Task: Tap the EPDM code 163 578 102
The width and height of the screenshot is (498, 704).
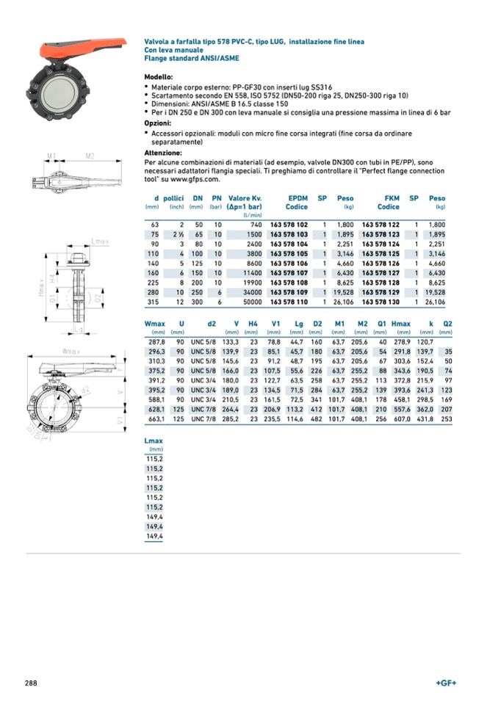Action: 289,224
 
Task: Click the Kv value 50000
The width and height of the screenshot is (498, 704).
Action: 250,302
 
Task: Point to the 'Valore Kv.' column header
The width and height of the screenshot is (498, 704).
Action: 245,198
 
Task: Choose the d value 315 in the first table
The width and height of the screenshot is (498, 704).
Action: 153,302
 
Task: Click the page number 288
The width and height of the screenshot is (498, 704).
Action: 32,683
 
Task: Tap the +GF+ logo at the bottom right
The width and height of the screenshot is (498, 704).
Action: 446,683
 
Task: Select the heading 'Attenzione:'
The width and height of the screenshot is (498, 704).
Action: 163,153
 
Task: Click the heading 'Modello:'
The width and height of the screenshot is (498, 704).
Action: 159,77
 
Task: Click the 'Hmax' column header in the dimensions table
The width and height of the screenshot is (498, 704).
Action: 400,324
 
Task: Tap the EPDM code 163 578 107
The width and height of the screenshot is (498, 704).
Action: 289,272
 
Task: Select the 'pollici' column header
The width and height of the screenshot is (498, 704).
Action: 173,198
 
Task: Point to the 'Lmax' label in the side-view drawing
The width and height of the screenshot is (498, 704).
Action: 101,241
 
